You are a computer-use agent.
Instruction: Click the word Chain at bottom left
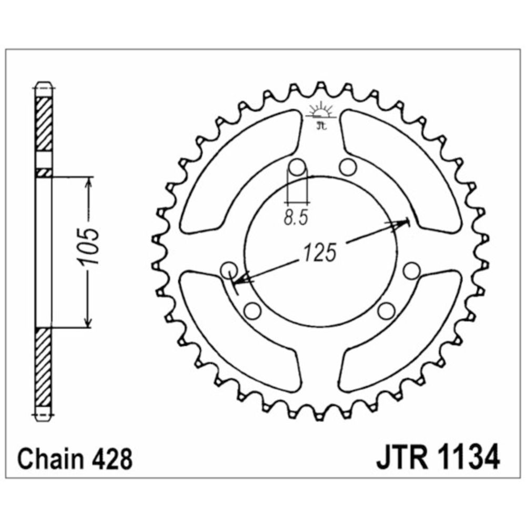point(50,459)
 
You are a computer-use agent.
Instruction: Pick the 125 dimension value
point(320,252)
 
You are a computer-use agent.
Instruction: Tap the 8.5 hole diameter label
point(296,218)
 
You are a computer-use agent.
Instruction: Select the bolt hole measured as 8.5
point(297,167)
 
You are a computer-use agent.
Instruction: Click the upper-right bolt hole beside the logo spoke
point(348,167)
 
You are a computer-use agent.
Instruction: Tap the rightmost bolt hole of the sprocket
point(411,271)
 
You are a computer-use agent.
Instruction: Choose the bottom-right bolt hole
point(386,311)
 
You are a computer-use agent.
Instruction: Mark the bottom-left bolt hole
point(252,311)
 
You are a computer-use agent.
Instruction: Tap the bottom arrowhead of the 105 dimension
point(88,321)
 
